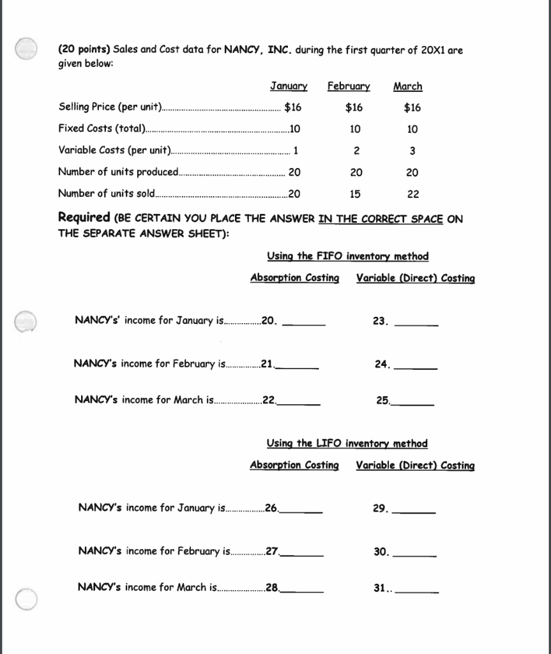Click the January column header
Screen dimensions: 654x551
[x=289, y=86]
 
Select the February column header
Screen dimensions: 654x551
[x=349, y=86]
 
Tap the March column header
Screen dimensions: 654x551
[x=407, y=86]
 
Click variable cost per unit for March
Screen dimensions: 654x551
[x=412, y=151]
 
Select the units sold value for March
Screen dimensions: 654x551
[x=412, y=194]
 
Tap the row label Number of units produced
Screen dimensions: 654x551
[x=119, y=172]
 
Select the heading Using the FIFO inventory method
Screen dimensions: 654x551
[x=347, y=256]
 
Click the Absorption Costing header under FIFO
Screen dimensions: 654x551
[x=294, y=278]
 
